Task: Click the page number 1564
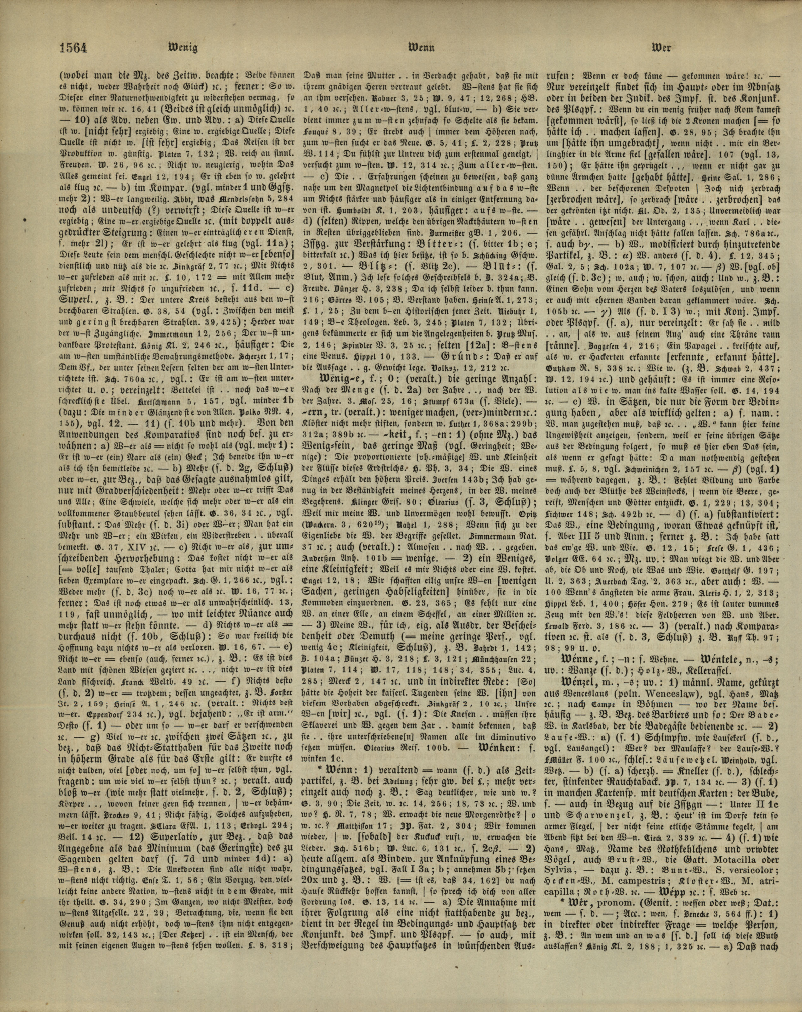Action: [x=73, y=48]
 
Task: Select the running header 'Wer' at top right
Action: [x=661, y=48]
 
